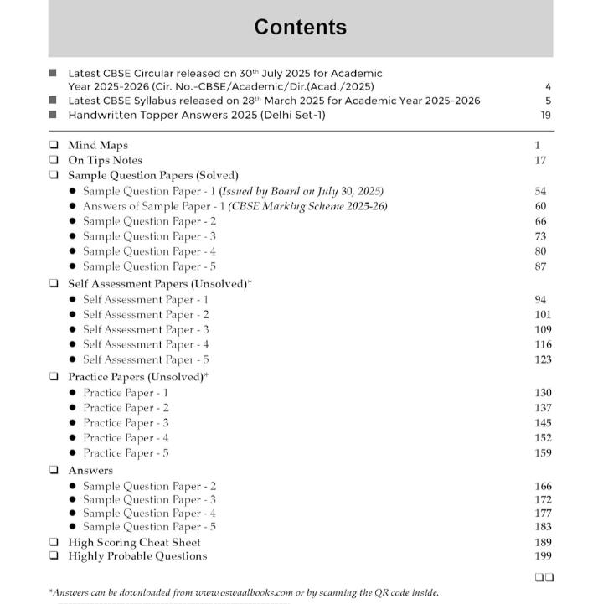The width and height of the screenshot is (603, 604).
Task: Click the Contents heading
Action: point(301,27)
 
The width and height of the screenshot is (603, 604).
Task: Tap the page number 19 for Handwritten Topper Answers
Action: point(545,116)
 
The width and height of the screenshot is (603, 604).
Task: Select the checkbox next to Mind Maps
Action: point(54,146)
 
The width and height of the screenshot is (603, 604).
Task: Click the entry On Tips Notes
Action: point(105,160)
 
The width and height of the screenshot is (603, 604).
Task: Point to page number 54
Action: point(540,191)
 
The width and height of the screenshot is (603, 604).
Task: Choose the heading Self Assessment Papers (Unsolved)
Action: point(159,284)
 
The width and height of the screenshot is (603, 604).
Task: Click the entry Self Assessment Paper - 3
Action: point(146,329)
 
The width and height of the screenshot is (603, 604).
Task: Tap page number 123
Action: point(542,359)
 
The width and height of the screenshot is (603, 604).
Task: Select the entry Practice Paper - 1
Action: point(126,392)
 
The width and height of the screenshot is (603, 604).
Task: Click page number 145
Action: point(542,423)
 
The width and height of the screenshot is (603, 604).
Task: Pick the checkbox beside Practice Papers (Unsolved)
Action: point(54,377)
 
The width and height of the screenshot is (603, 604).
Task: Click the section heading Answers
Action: point(90,471)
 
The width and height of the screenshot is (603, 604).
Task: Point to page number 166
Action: point(542,486)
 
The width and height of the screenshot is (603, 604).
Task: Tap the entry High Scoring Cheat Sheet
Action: point(134,542)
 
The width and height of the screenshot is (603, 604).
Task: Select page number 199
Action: point(542,556)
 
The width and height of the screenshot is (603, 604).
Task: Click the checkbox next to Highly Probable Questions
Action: point(54,556)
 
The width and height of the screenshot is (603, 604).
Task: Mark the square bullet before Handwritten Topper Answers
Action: point(54,116)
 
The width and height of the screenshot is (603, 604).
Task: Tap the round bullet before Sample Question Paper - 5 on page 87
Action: point(74,266)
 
